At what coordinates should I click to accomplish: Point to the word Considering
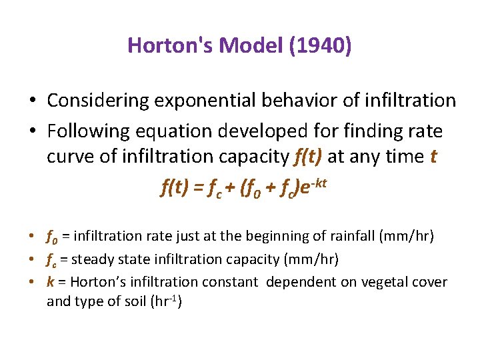[x=97, y=101]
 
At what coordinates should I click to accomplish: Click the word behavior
[x=309, y=101]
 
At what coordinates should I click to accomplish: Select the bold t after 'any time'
[x=434, y=157]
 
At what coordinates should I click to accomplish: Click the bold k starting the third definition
[x=51, y=282]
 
